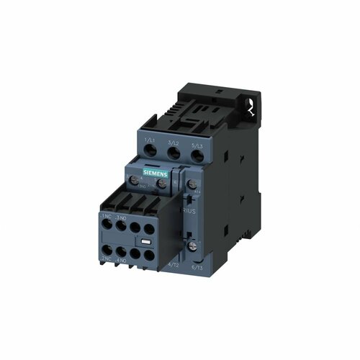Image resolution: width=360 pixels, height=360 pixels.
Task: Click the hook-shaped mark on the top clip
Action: pyautogui.click(x=250, y=108)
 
